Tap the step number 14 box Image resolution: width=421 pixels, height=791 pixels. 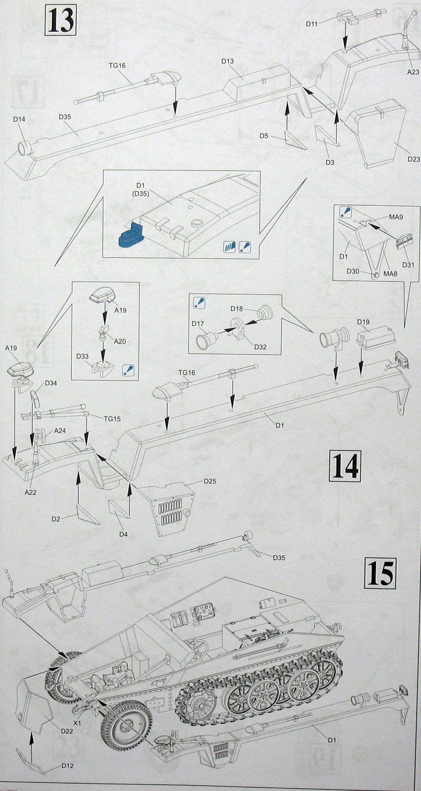[x=345, y=466]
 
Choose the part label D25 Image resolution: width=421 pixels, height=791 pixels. [x=210, y=481]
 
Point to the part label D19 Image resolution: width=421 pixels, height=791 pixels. [x=364, y=322]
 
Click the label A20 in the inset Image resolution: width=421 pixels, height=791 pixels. [x=120, y=342]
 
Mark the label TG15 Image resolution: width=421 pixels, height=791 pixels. [x=112, y=419]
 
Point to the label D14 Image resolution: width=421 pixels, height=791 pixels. [x=19, y=120]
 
